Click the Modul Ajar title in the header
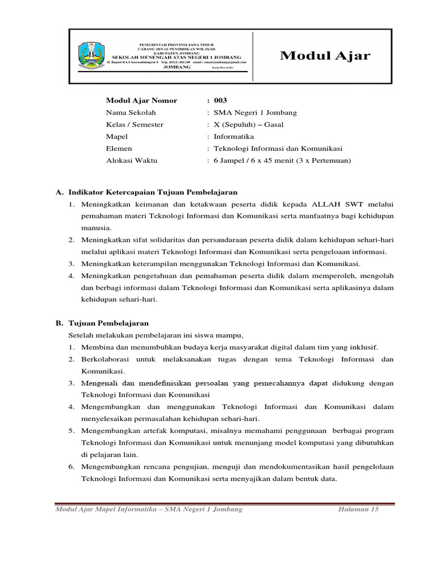325,56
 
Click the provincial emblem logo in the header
91,56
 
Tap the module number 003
220,100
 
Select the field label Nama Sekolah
131,112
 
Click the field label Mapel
117,136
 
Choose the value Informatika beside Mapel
234,136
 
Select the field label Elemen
119,149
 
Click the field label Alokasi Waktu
132,161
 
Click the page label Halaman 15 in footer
358,509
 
